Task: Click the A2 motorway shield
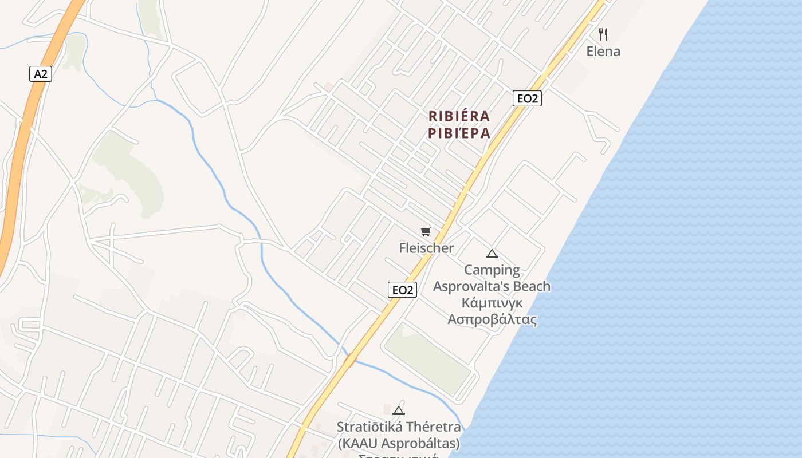(40, 73)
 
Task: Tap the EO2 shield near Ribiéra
(527, 98)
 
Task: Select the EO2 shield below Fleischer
(402, 290)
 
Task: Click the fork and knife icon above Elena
(603, 34)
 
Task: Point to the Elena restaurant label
(603, 51)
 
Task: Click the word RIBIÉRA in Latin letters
(459, 116)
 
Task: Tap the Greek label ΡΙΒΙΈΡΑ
(459, 133)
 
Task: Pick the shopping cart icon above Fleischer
(426, 231)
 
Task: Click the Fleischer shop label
(426, 248)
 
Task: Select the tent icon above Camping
(492, 254)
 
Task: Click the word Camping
(492, 270)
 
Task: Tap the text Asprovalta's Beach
(492, 286)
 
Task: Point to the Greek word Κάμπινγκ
(492, 302)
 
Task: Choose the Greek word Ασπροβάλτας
(492, 319)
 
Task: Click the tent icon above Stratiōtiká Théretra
(399, 410)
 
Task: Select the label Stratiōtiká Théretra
(399, 427)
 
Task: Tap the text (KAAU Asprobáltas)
(399, 443)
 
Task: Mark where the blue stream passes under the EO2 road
(349, 360)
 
